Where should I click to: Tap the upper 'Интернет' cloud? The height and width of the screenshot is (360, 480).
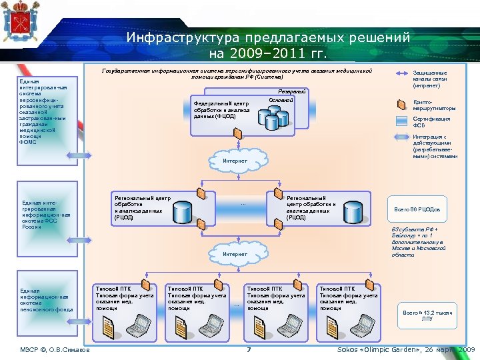point(235,161)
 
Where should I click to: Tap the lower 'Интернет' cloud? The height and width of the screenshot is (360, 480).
point(235,254)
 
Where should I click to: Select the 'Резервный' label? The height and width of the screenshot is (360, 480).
point(291,91)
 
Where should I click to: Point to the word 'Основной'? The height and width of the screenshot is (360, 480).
point(281,100)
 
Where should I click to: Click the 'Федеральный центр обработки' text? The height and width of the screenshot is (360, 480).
point(222,109)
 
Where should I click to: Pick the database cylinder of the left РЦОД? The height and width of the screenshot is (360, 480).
point(184,213)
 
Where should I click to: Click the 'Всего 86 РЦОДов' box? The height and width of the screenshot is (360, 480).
point(416,209)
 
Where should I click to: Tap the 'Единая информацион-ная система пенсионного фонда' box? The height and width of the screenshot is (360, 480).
point(45,300)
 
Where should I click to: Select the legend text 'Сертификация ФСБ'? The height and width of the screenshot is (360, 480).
point(431,121)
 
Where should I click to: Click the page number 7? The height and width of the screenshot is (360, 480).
point(248,350)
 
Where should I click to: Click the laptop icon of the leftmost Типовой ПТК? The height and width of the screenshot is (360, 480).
point(141,325)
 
